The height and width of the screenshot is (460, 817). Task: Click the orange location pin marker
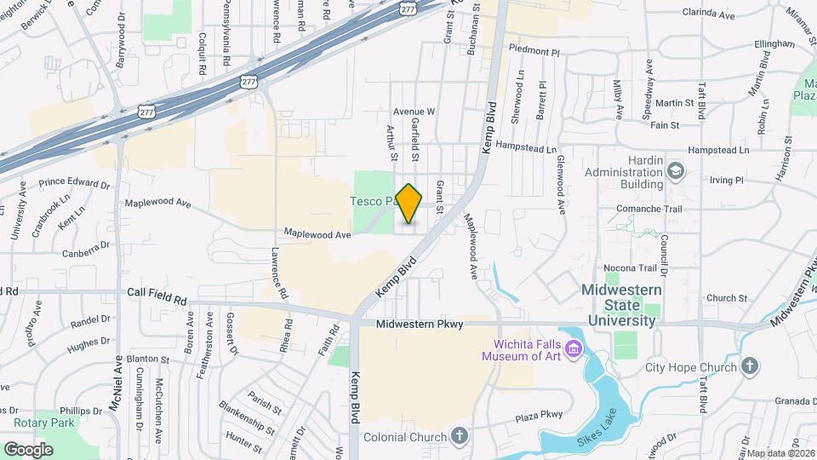click(x=409, y=204)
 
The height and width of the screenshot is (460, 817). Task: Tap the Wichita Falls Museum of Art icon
click(x=573, y=350)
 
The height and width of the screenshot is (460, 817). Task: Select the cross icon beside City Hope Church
click(x=750, y=367)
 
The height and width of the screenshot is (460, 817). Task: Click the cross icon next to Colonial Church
click(x=460, y=438)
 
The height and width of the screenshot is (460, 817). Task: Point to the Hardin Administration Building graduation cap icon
click(x=676, y=171)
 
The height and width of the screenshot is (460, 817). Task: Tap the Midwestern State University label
click(x=620, y=305)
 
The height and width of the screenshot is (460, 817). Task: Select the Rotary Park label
click(x=44, y=423)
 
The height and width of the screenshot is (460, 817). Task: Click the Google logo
click(x=28, y=449)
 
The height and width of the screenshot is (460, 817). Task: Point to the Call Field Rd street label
click(x=157, y=300)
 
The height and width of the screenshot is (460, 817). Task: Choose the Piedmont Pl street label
click(x=532, y=51)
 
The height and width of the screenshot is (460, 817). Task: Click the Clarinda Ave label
click(x=708, y=14)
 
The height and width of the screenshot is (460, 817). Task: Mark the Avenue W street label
click(x=414, y=112)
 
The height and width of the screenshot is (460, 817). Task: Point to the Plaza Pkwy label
click(x=540, y=415)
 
